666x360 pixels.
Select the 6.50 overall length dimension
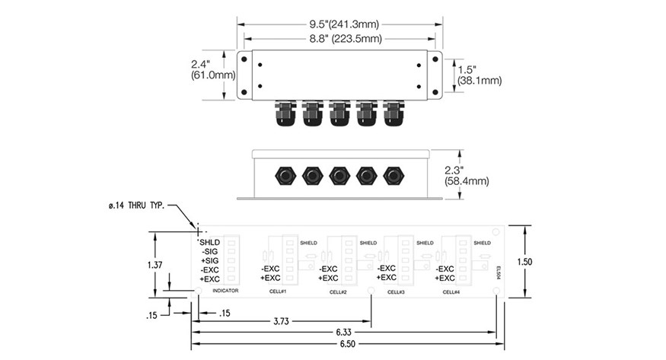343,346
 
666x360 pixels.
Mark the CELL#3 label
395,292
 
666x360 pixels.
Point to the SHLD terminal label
209,242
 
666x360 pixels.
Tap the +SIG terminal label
209,260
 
